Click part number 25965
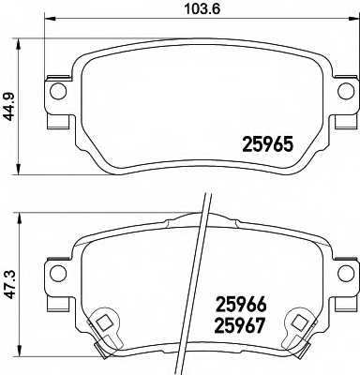pyautogui.click(x=269, y=146)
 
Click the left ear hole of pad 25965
pyautogui.click(x=57, y=91)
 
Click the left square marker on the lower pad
pyautogui.click(x=101, y=322)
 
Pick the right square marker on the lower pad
pyautogui.click(x=301, y=322)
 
